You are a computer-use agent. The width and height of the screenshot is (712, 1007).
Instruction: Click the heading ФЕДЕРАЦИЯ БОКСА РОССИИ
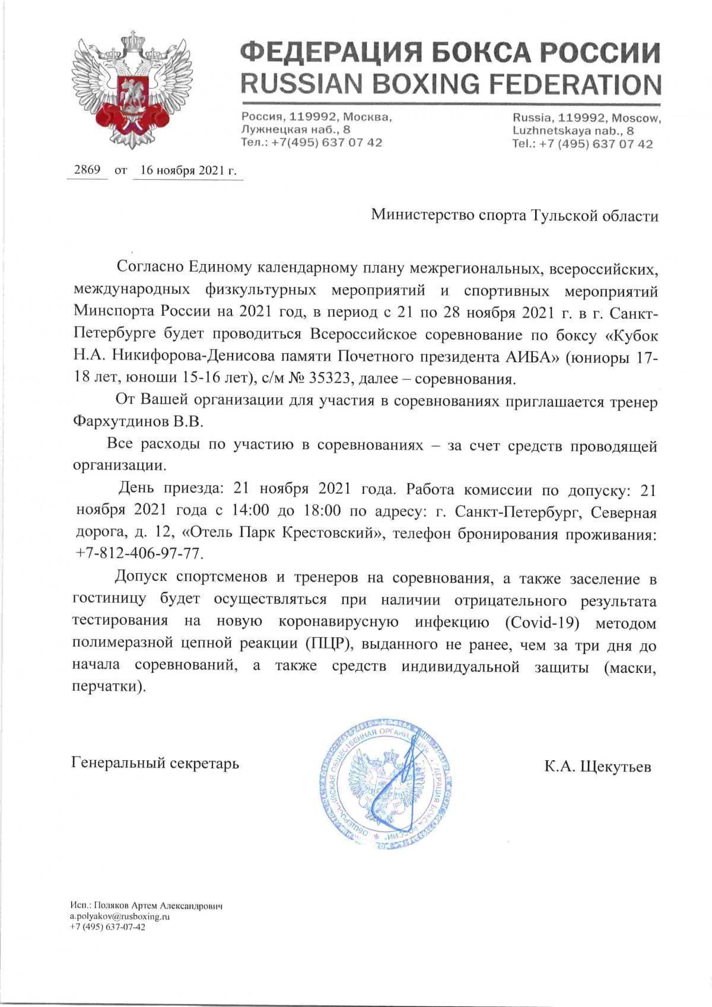pyautogui.click(x=450, y=54)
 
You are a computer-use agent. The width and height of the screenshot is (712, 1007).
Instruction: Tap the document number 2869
pyautogui.click(x=86, y=170)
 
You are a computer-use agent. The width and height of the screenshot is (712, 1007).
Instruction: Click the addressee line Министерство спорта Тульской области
pyautogui.click(x=514, y=215)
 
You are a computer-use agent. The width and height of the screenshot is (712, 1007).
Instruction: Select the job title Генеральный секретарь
pyautogui.click(x=155, y=763)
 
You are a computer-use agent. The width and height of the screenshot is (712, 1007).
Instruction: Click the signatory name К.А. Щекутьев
pyautogui.click(x=597, y=767)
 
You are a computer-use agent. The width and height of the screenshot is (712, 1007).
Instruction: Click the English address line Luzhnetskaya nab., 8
pyautogui.click(x=573, y=131)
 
